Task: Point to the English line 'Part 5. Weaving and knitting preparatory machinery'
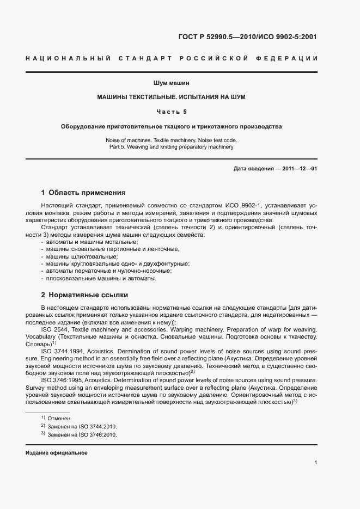171,147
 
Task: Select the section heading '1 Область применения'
83,192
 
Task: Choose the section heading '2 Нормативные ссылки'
84,295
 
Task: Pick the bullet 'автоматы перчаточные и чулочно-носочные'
108,271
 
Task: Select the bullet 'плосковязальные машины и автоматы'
101,278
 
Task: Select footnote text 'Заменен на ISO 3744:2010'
82,427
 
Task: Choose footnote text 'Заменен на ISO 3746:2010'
82,436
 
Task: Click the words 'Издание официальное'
57,453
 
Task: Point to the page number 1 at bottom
316,463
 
